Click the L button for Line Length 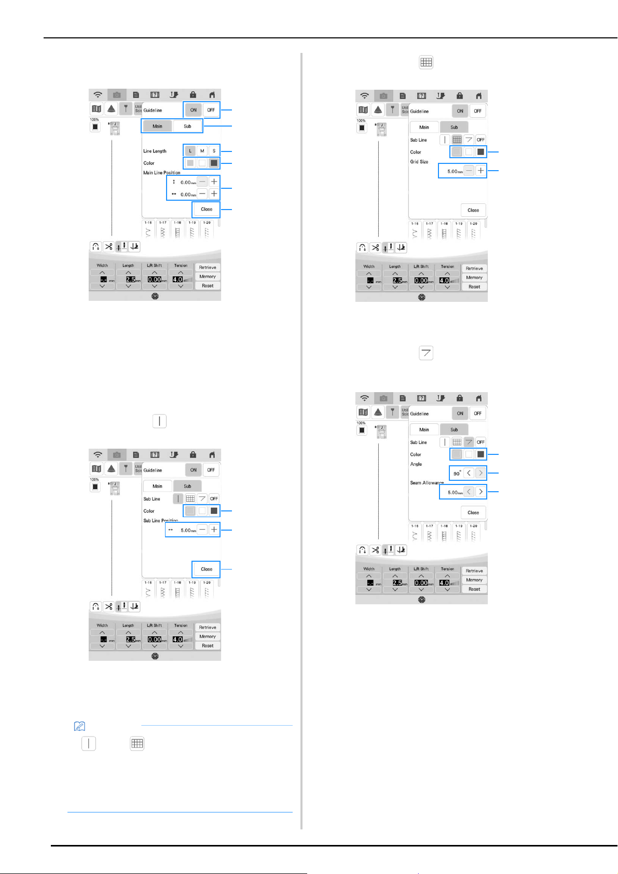point(190,151)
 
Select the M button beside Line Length point(202,151)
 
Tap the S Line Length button point(214,151)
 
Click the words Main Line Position point(162,173)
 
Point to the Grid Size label point(419,162)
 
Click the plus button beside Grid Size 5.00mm point(480,171)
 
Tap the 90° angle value point(457,474)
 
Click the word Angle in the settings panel point(416,464)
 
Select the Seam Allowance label point(427,482)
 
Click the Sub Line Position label point(160,520)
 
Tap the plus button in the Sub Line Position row point(214,530)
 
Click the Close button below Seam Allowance point(473,512)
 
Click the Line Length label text point(155,151)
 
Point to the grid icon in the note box point(137,743)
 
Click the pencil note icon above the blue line point(80,727)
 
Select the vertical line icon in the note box point(89,743)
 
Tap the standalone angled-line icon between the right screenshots point(426,353)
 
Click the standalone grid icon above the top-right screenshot point(426,62)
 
